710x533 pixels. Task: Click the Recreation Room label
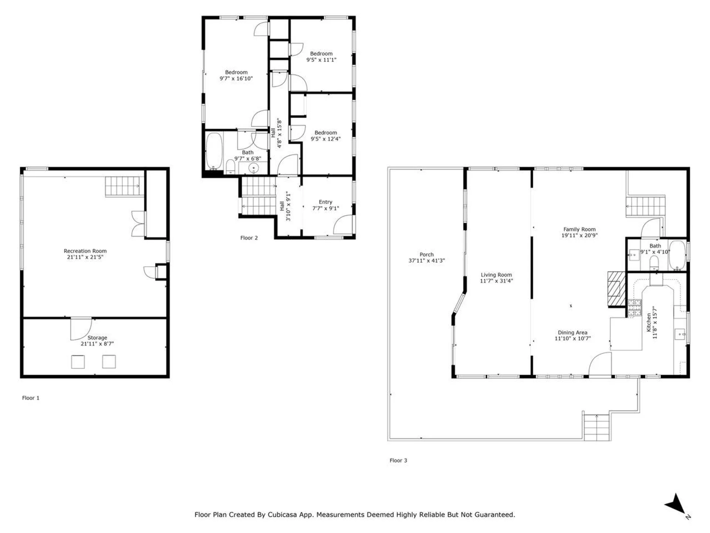coord(85,251)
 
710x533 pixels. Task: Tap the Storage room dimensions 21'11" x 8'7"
coord(97,344)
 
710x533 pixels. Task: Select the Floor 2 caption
coord(249,238)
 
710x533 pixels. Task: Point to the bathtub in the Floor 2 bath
coord(214,151)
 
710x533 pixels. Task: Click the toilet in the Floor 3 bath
coord(654,263)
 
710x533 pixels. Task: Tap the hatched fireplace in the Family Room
coord(616,289)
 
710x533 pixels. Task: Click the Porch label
coord(426,255)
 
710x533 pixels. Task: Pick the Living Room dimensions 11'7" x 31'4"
coord(496,281)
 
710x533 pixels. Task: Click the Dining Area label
coord(572,333)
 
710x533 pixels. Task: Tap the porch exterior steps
coord(596,428)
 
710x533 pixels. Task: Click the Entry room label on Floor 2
coord(325,202)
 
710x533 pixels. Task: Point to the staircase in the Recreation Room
coord(124,187)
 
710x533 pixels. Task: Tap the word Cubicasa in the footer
coord(283,515)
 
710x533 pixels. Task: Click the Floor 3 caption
coord(398,460)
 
